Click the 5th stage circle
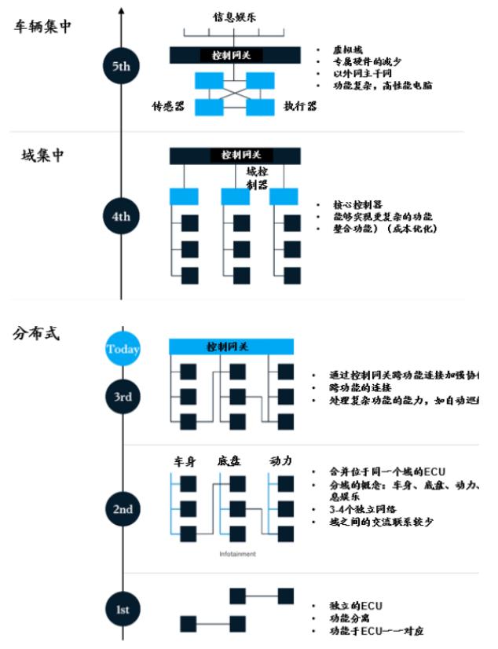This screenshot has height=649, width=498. [121, 66]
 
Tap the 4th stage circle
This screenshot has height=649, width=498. [121, 214]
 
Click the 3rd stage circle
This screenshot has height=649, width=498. [123, 397]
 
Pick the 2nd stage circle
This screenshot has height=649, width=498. [123, 509]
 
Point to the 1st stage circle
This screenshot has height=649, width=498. [123, 610]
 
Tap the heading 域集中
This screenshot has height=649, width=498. [42, 155]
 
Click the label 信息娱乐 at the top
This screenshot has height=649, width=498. [234, 16]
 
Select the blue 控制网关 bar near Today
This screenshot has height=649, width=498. [232, 346]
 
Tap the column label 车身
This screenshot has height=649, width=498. [184, 461]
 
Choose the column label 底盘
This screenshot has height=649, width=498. [228, 461]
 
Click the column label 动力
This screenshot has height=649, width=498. [280, 461]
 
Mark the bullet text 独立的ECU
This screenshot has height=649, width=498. [357, 606]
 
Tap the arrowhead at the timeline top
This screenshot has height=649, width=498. [121, 9]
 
